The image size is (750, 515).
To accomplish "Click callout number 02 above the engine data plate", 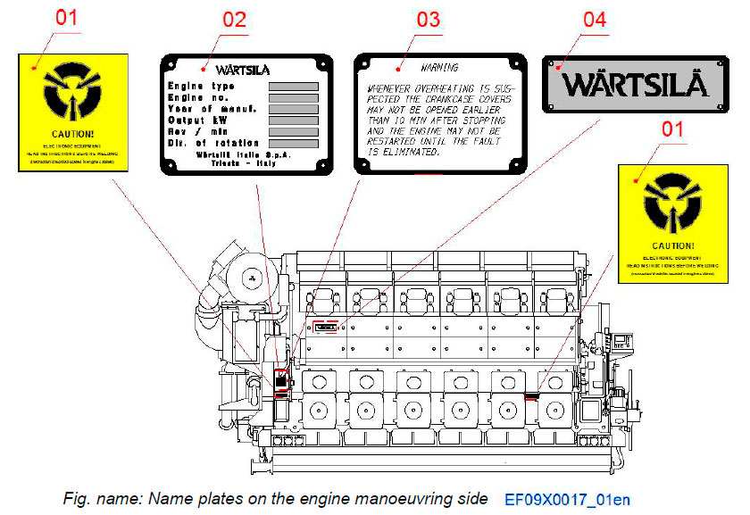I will click(x=234, y=20).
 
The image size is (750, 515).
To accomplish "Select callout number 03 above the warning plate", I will click(x=429, y=20).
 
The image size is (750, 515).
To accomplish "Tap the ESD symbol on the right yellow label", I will click(x=673, y=202).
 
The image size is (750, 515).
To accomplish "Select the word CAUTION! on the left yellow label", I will click(x=73, y=133).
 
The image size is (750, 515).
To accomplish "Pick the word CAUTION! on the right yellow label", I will click(x=673, y=245).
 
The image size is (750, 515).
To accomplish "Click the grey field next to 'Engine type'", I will click(x=294, y=86).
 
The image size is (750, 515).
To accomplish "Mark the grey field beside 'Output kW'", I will click(x=294, y=120).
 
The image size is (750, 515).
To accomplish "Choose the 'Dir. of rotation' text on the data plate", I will click(x=213, y=143).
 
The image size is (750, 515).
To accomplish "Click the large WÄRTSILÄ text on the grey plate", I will click(x=635, y=85).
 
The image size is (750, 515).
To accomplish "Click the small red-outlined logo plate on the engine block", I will click(x=326, y=327).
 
